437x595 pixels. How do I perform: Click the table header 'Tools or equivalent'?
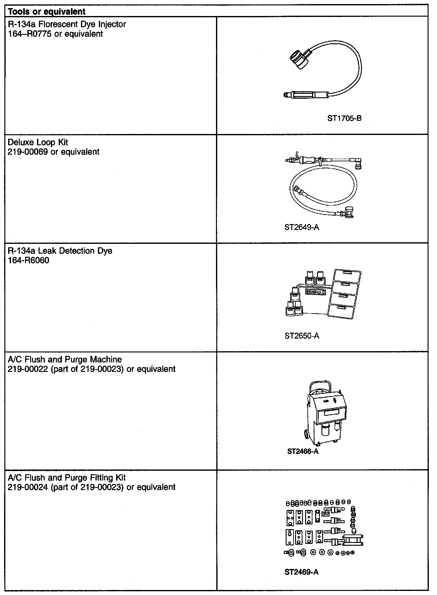(46, 12)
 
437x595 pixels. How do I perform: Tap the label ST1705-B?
(344, 118)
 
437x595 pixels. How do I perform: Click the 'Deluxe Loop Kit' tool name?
(38, 142)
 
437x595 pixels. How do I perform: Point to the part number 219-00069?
(29, 152)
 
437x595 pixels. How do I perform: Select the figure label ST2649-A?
(302, 227)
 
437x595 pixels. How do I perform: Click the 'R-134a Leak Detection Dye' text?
(60, 251)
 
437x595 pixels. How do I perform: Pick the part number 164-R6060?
(28, 260)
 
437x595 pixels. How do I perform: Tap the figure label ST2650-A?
(302, 336)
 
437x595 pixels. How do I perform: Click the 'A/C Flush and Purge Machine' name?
(65, 360)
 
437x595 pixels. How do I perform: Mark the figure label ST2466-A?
(303, 451)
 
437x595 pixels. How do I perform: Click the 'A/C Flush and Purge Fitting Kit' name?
(67, 478)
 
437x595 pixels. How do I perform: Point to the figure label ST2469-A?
(301, 572)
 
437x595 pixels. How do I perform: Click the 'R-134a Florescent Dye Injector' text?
(67, 24)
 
